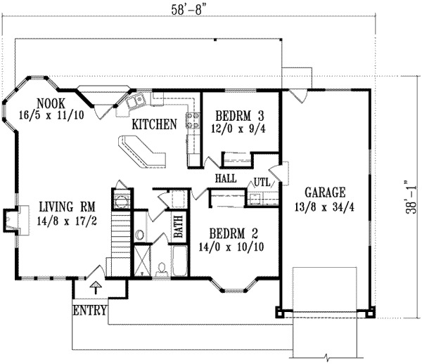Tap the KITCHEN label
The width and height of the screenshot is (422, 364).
(154, 124)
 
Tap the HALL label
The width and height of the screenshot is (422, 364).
(225, 179)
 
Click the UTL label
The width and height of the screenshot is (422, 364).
(262, 181)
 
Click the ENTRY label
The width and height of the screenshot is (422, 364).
(90, 310)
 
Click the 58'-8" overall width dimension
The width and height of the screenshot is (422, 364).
(204, 12)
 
